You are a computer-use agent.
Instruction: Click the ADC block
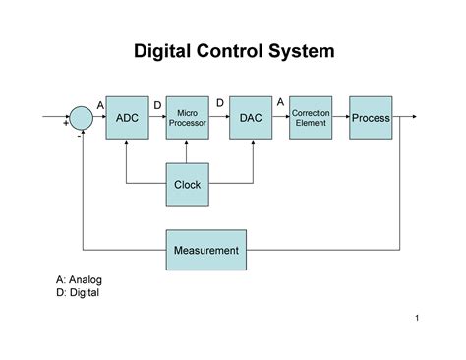pos(127,118)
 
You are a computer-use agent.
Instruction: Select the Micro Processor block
pos(187,118)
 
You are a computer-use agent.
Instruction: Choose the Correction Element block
pos(311,118)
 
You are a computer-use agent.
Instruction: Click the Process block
pos(371,118)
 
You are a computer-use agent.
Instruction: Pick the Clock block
pos(187,184)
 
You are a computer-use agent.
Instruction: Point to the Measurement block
pos(205,250)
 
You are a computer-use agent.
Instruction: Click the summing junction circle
pos(81,118)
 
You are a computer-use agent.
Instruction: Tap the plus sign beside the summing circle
pos(66,125)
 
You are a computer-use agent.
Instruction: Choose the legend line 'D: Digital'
pos(78,292)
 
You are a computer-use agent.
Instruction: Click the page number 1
pos(418,317)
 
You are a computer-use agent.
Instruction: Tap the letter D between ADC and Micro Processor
pos(157,104)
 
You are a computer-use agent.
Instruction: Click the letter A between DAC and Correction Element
pos(281,102)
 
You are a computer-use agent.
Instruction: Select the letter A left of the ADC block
pos(100,104)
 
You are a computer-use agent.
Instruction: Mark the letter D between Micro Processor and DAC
pos(219,102)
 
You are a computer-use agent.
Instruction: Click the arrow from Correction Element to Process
pos(342,118)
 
